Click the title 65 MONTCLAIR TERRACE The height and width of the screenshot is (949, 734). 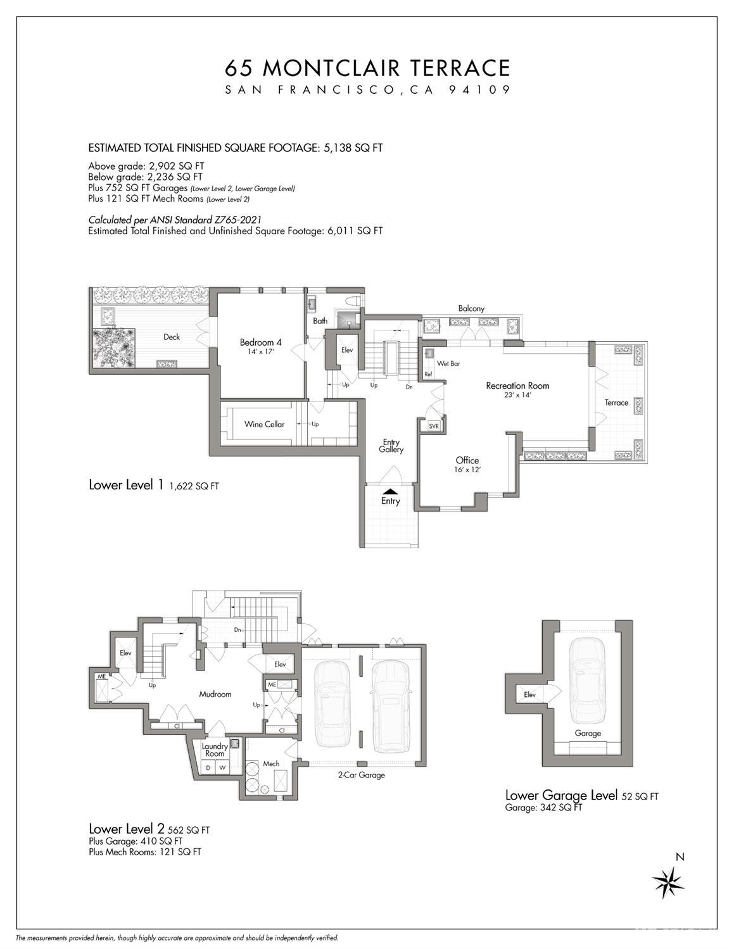coord(367,68)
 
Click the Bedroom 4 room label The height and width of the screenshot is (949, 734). coord(260,343)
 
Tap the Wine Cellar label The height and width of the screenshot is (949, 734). coord(264,424)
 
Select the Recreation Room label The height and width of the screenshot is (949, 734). coord(517,386)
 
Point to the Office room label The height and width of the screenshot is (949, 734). coord(467,460)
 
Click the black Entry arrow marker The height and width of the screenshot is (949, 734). coord(391,490)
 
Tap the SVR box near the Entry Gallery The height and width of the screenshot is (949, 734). coord(434,427)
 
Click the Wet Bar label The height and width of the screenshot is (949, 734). coord(448,364)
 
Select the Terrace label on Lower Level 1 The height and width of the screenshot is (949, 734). coord(616,403)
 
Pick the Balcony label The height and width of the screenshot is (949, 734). coord(471,308)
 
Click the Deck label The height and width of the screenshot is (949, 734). coord(172,337)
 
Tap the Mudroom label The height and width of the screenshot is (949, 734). coord(215,694)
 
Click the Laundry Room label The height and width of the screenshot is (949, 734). coord(215,750)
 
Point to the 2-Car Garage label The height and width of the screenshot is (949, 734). coord(362,775)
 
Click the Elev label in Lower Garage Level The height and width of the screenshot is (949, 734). coord(529,694)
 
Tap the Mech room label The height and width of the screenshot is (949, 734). coord(271,764)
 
